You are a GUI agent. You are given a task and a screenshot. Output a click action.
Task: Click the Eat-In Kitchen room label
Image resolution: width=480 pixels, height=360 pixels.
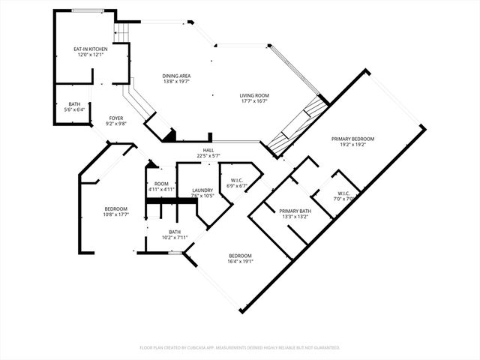coord(88,49)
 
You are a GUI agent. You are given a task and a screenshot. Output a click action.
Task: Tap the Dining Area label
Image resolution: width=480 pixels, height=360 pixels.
coord(177,76)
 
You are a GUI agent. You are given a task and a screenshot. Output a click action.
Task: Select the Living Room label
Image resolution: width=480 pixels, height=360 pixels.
coord(254,95)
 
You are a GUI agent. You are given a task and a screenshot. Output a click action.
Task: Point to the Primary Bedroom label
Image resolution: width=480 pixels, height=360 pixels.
coord(353,139)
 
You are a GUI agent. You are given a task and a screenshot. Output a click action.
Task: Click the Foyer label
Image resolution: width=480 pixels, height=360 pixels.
coord(116,118)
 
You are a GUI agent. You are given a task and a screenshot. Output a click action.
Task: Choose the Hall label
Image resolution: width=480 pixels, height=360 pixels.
coord(208,151)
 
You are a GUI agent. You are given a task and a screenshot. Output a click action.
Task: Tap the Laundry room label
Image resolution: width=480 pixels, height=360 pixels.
coord(203,190)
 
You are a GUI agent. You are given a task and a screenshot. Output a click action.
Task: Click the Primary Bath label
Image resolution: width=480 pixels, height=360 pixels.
coord(295,211)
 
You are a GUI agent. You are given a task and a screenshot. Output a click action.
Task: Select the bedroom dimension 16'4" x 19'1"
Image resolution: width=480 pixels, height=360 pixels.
coord(241,262)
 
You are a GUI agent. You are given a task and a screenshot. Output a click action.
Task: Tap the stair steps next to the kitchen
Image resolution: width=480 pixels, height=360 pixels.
coord(121,32)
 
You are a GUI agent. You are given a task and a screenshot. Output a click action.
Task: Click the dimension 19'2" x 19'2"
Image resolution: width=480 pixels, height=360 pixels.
coord(353,144)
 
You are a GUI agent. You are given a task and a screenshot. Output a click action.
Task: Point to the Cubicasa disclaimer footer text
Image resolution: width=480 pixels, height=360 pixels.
coord(240,348)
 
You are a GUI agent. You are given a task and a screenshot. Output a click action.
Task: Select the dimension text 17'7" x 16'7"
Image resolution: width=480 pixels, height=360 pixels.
coord(254,100)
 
